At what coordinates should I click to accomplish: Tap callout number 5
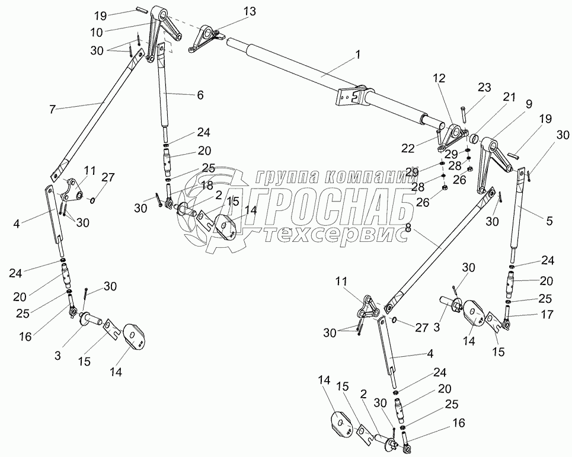[549, 221]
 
